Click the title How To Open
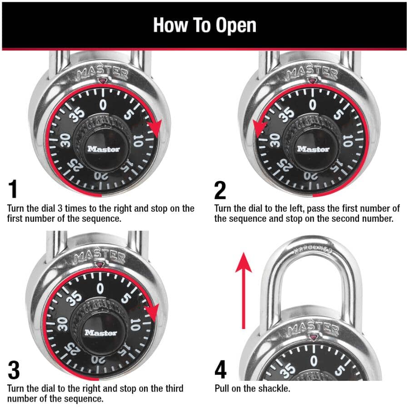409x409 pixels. (x=204, y=25)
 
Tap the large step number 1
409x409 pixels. (x=14, y=190)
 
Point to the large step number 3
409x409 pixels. (x=14, y=371)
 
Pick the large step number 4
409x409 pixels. (x=220, y=371)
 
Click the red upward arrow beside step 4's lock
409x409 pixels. (x=244, y=291)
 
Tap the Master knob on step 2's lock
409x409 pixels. (x=313, y=148)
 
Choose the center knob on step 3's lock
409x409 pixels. (x=100, y=332)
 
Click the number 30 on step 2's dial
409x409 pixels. (x=274, y=139)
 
